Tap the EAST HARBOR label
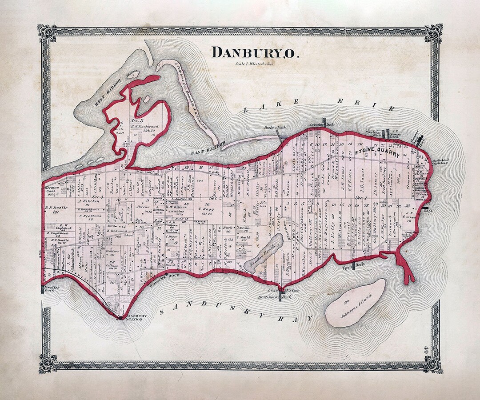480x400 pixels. (x=209, y=148)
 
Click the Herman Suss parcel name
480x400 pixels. (x=52, y=191)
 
